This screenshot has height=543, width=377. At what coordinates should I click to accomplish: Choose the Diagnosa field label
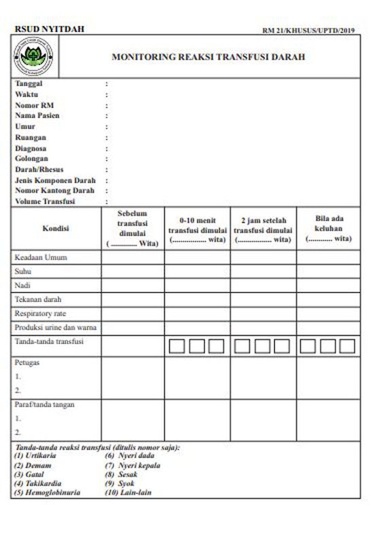(31, 148)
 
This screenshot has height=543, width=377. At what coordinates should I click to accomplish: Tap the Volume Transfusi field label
(45, 202)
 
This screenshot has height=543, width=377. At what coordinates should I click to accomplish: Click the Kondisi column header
(56, 229)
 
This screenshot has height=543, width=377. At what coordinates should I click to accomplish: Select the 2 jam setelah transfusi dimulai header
(263, 230)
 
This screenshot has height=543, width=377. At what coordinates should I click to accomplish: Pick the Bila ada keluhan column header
(328, 229)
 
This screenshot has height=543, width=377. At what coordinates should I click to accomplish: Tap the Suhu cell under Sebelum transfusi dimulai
(132, 271)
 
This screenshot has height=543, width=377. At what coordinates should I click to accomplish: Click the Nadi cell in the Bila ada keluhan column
(328, 285)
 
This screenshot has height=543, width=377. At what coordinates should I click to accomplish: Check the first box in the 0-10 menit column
(177, 346)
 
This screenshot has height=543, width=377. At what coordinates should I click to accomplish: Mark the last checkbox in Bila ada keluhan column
(347, 346)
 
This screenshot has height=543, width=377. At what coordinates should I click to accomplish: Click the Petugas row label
(27, 362)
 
